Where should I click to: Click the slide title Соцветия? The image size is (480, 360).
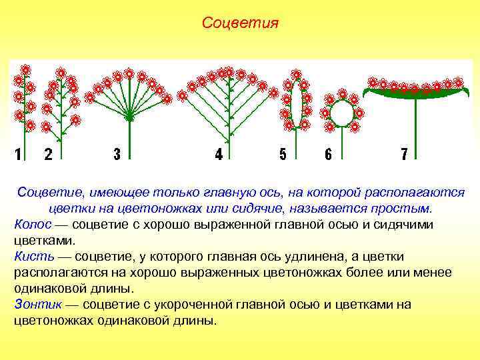click(240, 24)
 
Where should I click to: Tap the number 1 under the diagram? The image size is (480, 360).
click(19, 155)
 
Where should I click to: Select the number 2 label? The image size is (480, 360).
click(48, 155)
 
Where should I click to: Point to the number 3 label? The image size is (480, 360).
click(117, 155)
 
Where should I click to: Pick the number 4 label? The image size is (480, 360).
click(219, 155)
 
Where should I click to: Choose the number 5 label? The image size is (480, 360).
click(283, 155)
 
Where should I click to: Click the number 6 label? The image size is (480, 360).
click(328, 155)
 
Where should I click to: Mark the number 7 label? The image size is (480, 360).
click(405, 155)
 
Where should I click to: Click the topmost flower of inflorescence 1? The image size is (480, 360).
click(25, 69)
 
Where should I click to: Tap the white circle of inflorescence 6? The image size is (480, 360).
click(342, 113)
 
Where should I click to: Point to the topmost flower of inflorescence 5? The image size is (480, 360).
click(297, 73)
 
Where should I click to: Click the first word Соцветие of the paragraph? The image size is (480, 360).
click(46, 193)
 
